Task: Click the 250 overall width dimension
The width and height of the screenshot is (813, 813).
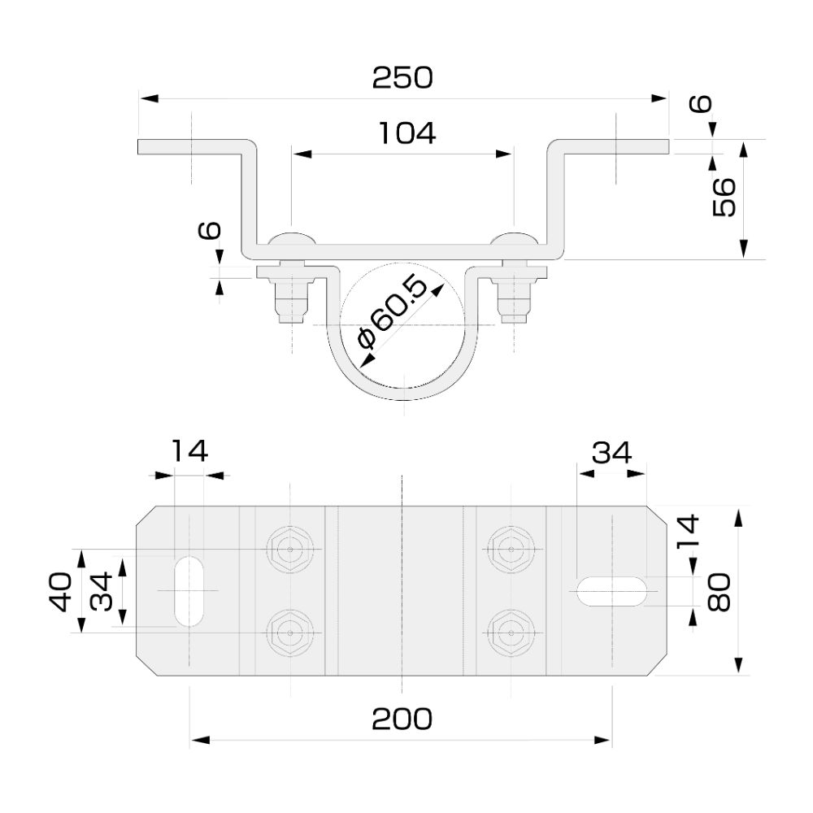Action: (402, 78)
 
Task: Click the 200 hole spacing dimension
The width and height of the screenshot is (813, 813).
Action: (402, 719)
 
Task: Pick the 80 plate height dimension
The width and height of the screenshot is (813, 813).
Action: (720, 591)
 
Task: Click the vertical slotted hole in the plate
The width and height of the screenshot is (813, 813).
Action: (189, 589)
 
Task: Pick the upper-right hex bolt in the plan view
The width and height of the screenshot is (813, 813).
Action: (511, 550)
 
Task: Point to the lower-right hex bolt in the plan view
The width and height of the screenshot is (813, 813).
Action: (511, 632)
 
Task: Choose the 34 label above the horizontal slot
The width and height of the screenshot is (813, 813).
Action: (611, 451)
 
